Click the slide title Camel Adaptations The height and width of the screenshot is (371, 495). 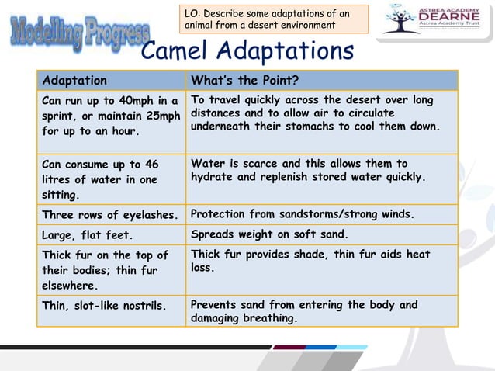(x=247, y=52)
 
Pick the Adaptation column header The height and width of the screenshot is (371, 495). (x=75, y=81)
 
